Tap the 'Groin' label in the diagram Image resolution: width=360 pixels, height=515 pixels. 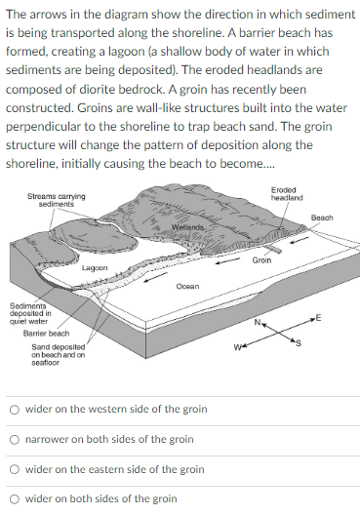coord(261,261)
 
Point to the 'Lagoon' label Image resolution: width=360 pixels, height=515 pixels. coord(95,266)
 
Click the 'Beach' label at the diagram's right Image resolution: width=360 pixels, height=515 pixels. coord(323,217)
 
